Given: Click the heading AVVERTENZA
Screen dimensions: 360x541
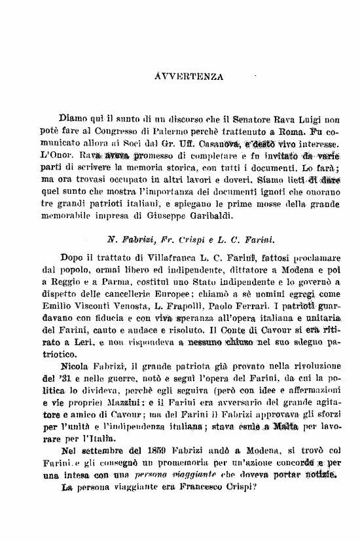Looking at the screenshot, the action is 189,75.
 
